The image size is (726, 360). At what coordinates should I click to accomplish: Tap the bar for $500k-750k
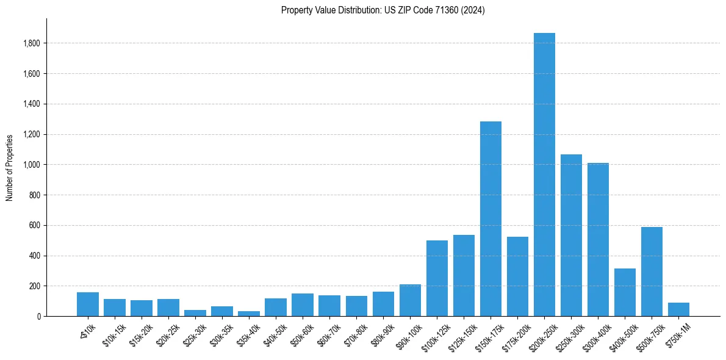pos(652,272)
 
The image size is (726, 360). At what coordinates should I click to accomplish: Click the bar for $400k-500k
pos(625,292)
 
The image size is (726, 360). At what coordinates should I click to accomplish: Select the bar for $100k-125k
pos(437,278)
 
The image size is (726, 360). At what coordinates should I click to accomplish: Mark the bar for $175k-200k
pos(517,276)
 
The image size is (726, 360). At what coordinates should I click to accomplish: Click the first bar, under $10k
pos(88,304)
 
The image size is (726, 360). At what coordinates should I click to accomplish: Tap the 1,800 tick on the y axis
pos(32,43)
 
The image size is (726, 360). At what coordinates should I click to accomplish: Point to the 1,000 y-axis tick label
pos(32,165)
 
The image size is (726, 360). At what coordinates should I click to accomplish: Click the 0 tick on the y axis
pos(38,317)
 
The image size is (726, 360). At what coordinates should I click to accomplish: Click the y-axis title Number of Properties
pos(9,167)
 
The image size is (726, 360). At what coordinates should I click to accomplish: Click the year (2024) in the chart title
pos(473,10)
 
